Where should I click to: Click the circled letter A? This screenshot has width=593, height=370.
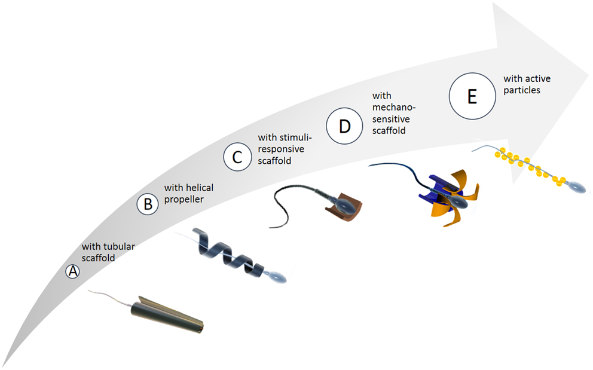(72, 271)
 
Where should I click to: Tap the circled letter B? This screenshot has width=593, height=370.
(147, 204)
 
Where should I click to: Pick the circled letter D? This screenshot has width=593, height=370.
(345, 127)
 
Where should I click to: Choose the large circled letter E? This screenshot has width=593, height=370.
(472, 97)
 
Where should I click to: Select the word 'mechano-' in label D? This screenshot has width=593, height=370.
(393, 107)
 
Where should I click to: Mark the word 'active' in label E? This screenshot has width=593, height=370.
(537, 79)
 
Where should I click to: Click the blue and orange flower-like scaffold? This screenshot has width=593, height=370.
(448, 191)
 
